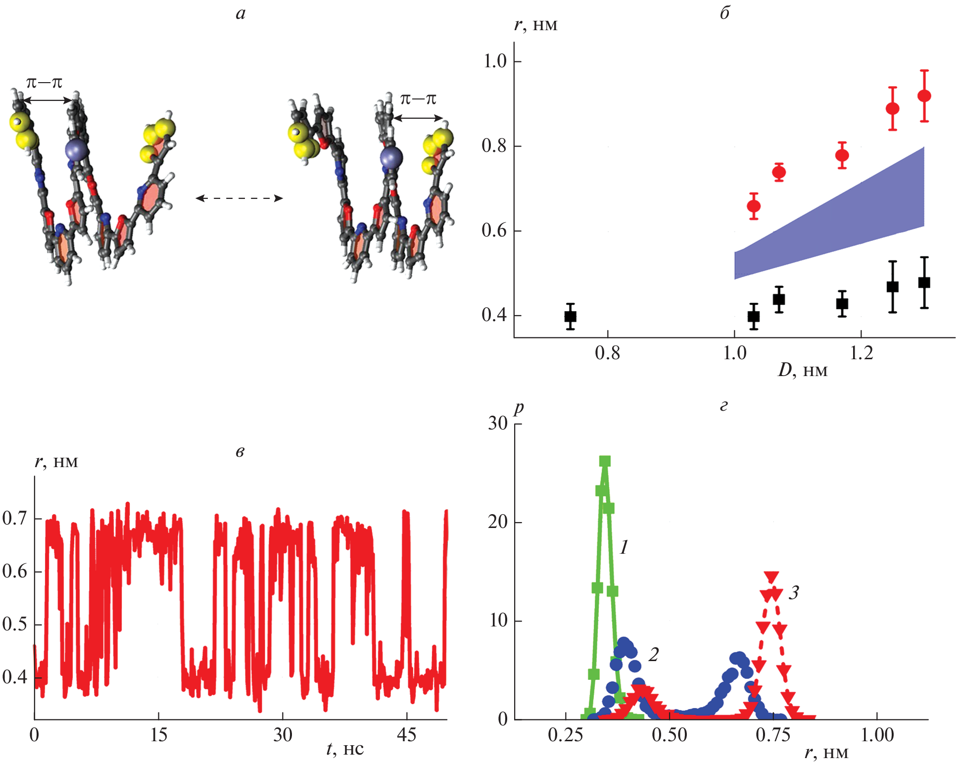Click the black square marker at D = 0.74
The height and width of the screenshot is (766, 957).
[570, 316]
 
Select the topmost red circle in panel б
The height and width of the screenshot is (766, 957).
[924, 96]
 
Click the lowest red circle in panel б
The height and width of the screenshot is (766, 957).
[753, 206]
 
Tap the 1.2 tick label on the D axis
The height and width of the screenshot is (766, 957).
[861, 353]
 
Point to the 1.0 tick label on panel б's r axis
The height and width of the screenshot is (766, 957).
[495, 61]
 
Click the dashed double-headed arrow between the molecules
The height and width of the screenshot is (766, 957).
[239, 198]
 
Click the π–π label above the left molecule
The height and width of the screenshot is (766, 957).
[44, 83]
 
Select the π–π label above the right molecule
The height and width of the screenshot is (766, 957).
[418, 99]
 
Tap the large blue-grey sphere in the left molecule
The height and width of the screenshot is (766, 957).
[77, 149]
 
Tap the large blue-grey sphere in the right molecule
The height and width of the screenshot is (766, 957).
[391, 158]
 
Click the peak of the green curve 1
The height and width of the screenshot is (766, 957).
[605, 461]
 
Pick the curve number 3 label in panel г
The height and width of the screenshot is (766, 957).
[794, 593]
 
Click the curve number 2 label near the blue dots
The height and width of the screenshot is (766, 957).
[654, 655]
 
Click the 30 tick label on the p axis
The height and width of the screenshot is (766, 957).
[498, 424]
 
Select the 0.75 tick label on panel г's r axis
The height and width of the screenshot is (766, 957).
[773, 735]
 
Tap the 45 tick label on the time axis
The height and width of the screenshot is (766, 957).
[406, 735]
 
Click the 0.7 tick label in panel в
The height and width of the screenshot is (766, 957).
[14, 519]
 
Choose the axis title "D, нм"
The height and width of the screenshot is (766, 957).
[802, 371]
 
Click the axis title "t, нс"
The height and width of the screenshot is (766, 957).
[345, 749]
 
